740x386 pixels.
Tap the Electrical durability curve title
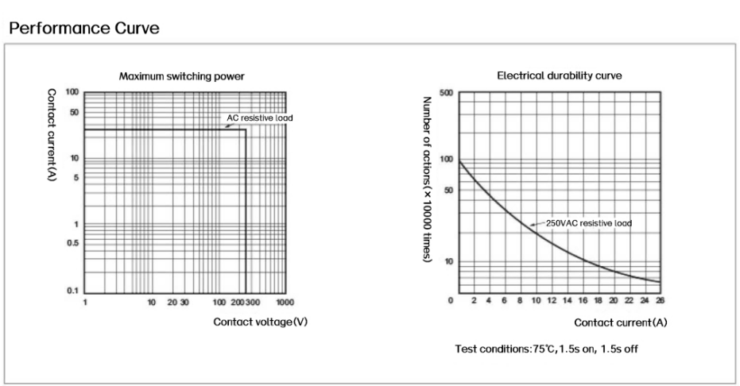point(559,76)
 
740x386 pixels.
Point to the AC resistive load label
point(256,117)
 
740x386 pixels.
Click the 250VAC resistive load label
point(589,223)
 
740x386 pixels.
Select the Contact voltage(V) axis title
point(261,322)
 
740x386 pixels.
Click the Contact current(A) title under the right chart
point(622,322)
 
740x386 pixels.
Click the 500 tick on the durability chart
point(445,93)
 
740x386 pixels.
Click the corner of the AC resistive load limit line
point(246,129)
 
